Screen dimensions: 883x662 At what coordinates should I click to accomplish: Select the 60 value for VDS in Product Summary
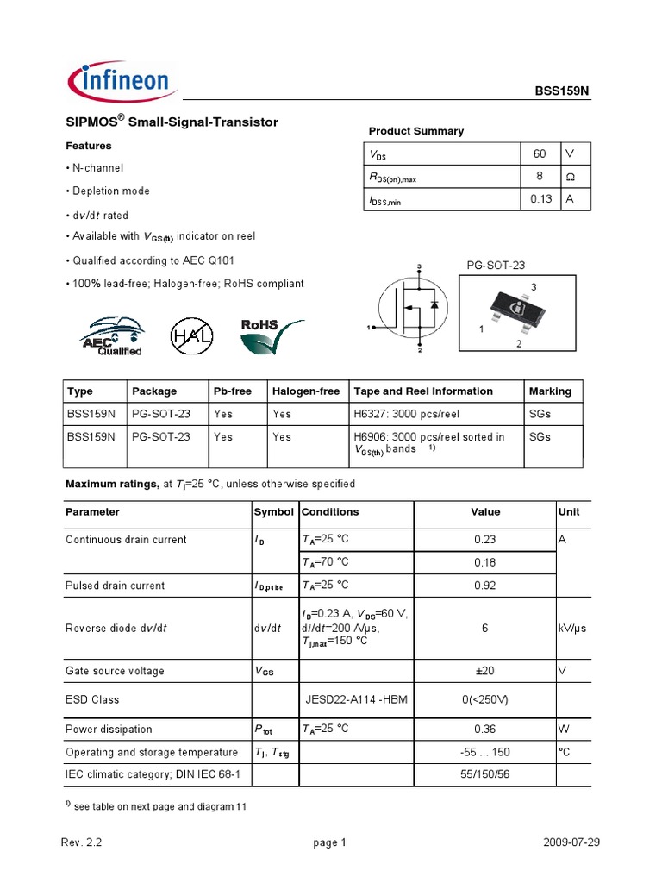point(540,154)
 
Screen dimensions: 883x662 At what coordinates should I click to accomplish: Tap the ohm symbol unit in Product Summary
point(569,177)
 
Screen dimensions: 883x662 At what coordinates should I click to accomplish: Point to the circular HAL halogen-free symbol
point(190,335)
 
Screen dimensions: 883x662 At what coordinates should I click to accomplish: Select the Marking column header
point(550,391)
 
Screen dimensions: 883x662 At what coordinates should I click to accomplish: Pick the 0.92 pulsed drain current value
point(485,586)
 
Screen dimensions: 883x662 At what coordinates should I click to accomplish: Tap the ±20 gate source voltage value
point(485,672)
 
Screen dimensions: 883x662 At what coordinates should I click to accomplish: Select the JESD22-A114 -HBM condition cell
point(357,700)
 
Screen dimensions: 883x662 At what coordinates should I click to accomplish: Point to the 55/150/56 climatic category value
point(485,775)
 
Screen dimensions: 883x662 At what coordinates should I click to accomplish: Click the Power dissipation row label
point(109,730)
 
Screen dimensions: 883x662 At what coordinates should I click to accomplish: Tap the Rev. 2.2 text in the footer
point(84,843)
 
